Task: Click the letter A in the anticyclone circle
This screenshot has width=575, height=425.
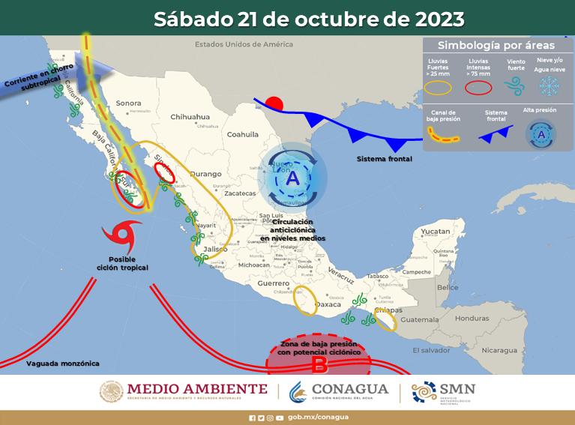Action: click(x=292, y=178)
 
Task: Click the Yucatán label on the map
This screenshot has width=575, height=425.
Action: click(x=434, y=233)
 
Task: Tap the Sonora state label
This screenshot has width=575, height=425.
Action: click(x=129, y=103)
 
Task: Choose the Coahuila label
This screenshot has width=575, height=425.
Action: click(x=242, y=135)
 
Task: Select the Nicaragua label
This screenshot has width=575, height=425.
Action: click(x=499, y=350)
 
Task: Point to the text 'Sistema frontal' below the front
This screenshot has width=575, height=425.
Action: click(x=384, y=159)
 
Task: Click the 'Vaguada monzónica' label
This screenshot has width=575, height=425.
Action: click(x=63, y=364)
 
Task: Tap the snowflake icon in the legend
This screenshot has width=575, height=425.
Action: click(x=548, y=86)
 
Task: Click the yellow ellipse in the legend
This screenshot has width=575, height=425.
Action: click(x=438, y=88)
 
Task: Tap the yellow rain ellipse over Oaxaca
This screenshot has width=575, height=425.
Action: click(x=304, y=301)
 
